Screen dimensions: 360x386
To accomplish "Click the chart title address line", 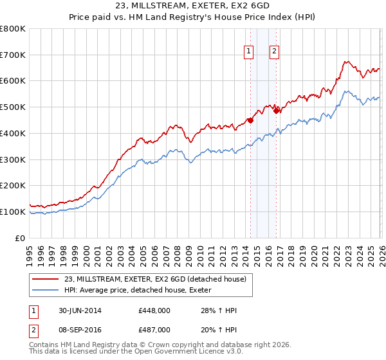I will (192, 6).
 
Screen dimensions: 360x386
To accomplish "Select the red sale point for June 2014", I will (250, 120).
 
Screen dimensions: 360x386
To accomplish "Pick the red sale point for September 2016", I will (276, 110).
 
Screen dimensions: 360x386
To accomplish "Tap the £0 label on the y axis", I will (21, 238).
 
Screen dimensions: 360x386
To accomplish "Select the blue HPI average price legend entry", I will (142, 290).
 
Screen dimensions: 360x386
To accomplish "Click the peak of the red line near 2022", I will (345, 62).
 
